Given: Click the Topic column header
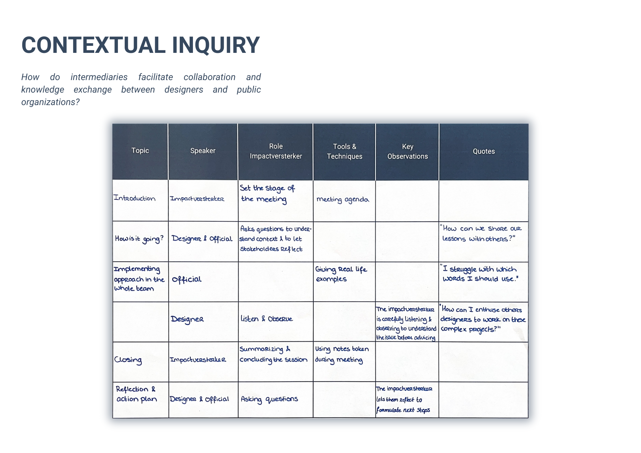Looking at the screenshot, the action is click(x=140, y=151).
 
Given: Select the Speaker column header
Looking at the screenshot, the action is click(x=203, y=151).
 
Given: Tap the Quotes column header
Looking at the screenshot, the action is click(x=484, y=151).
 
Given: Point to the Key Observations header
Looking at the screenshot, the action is click(x=407, y=151).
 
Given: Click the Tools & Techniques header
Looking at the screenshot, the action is click(x=345, y=151).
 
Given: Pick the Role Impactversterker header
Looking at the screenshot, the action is click(x=276, y=151).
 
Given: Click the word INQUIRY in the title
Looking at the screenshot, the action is click(x=216, y=45).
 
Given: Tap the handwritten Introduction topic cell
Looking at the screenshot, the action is click(x=135, y=198).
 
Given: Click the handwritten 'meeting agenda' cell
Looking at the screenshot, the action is click(x=343, y=200).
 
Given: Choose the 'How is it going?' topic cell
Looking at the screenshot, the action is click(x=139, y=239).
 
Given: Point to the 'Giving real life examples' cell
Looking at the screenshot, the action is click(x=341, y=274).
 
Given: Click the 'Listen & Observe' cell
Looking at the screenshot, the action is click(x=266, y=319).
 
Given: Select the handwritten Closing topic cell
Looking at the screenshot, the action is click(x=128, y=360).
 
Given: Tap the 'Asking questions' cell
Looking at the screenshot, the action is click(x=269, y=399).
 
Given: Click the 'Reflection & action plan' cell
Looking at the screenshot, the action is click(x=137, y=394).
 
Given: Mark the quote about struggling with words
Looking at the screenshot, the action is click(x=479, y=273).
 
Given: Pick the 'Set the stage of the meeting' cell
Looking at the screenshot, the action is click(x=267, y=194).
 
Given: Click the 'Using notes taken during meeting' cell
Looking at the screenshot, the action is click(x=342, y=354).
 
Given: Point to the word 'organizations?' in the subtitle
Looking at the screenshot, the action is click(x=50, y=102).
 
